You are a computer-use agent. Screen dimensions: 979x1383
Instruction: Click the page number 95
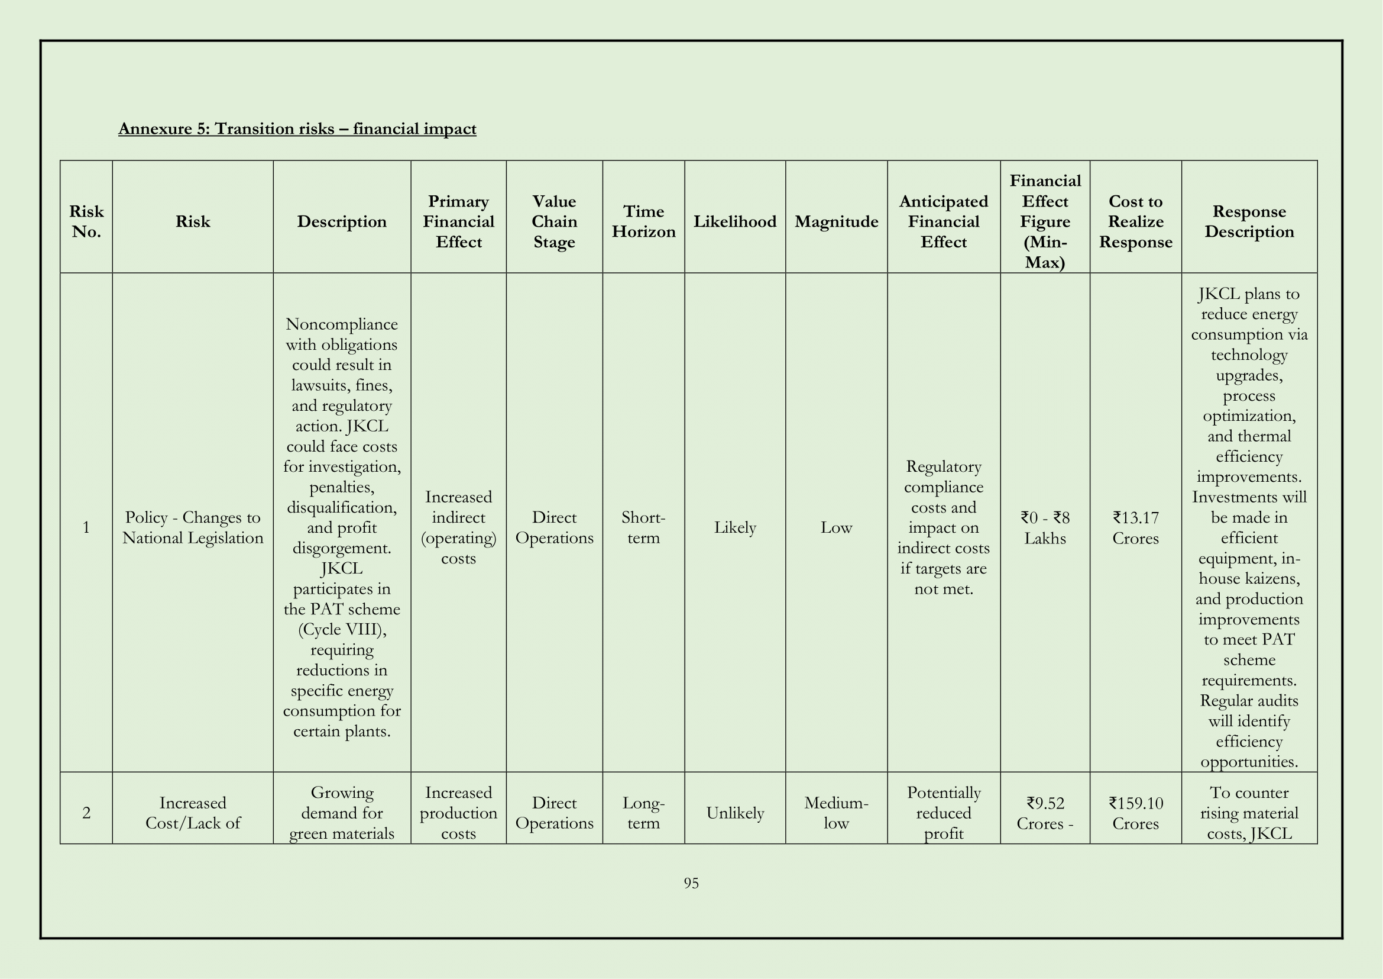691,883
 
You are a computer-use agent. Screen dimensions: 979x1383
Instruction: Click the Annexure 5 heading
297,128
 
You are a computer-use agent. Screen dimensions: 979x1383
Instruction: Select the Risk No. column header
86,221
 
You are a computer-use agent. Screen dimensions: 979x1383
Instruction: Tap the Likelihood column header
735,221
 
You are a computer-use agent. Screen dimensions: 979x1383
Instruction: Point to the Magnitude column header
836,221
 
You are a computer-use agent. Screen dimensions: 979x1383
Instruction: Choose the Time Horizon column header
643,221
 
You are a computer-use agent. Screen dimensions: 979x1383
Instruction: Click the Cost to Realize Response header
1135,221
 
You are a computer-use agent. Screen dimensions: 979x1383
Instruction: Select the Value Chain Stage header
554,221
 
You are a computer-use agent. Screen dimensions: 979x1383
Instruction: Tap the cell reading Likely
735,527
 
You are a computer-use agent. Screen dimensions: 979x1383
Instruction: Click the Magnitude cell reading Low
836,527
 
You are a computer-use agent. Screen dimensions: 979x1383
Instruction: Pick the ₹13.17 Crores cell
1135,527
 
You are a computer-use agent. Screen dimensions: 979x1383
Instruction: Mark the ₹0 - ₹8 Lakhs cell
1045,527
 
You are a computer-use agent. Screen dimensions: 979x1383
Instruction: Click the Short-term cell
643,527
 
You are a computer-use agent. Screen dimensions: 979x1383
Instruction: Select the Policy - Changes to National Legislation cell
193,527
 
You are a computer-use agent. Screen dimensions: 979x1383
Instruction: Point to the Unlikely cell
735,813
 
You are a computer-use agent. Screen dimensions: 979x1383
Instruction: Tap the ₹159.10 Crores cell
1135,813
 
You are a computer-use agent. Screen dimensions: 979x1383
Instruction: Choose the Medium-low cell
836,813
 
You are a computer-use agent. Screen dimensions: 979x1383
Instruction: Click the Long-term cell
643,813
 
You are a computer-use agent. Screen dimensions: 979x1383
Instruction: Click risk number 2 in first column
86,813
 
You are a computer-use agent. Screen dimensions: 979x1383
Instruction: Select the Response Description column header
1249,221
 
